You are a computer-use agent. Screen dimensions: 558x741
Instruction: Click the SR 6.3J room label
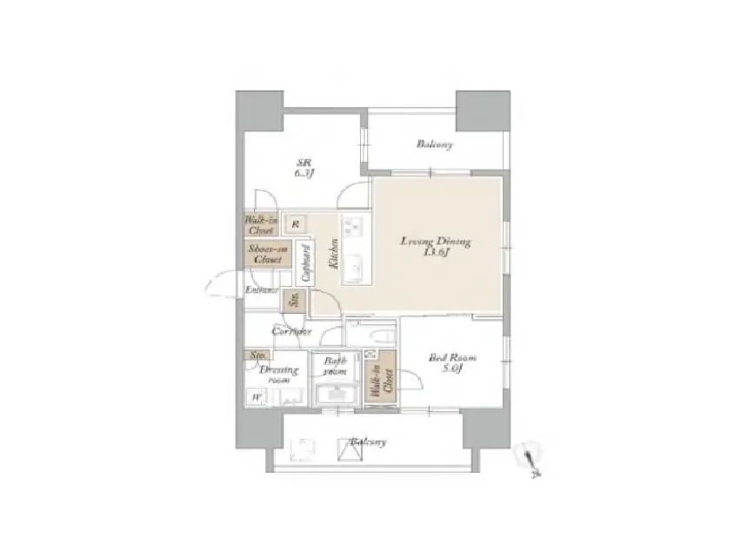pos(304,168)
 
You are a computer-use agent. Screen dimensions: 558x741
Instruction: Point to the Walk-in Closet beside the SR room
pos(260,225)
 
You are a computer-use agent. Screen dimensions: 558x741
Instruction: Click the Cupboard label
pos(304,264)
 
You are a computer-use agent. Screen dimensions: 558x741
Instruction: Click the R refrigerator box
pos(296,224)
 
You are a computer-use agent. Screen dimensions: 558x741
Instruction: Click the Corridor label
pos(290,332)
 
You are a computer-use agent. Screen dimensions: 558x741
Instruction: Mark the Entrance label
pos(260,289)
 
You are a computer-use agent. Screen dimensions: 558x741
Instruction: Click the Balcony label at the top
pos(433,144)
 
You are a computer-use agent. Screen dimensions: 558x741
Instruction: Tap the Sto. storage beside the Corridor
pos(296,301)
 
